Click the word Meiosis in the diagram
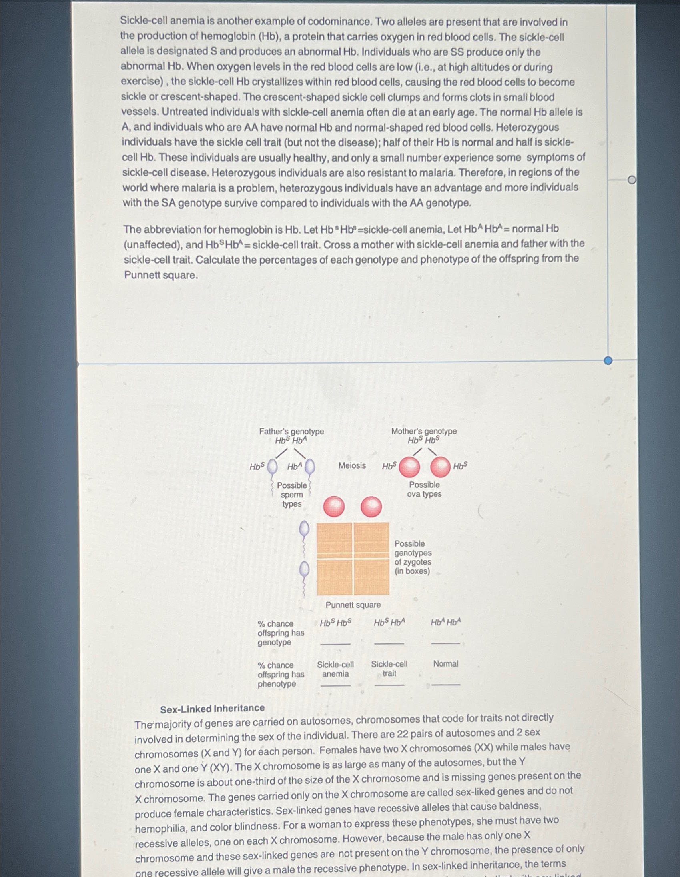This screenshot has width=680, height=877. tap(352, 465)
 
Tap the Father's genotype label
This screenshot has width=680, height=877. tap(291, 432)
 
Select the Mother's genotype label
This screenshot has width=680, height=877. tap(424, 431)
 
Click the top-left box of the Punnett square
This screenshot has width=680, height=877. tap(335, 540)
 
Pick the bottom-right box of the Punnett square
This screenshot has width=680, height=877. tap(371, 577)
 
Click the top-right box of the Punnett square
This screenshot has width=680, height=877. tap(371, 540)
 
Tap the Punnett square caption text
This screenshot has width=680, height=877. tap(353, 605)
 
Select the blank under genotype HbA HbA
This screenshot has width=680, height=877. tap(445, 643)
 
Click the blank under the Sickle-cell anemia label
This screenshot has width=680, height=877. tap(335, 685)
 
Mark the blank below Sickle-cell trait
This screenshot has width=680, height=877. tap(389, 685)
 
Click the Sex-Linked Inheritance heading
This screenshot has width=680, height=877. tap(213, 708)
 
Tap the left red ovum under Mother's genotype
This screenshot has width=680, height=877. tap(409, 467)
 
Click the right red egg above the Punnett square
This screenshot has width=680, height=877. tap(371, 507)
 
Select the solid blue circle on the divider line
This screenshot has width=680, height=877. tap(608, 360)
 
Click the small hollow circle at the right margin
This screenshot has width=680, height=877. tap(632, 180)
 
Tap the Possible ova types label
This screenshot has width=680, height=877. tap(424, 489)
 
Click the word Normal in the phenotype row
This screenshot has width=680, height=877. tap(445, 664)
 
